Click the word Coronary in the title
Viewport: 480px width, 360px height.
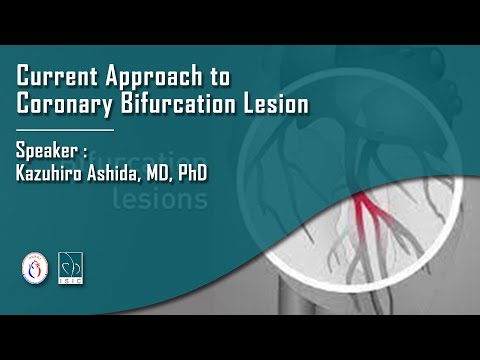tap(62, 103)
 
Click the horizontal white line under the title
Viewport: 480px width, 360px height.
tap(65, 129)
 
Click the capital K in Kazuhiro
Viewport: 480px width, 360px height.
tap(21, 175)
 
